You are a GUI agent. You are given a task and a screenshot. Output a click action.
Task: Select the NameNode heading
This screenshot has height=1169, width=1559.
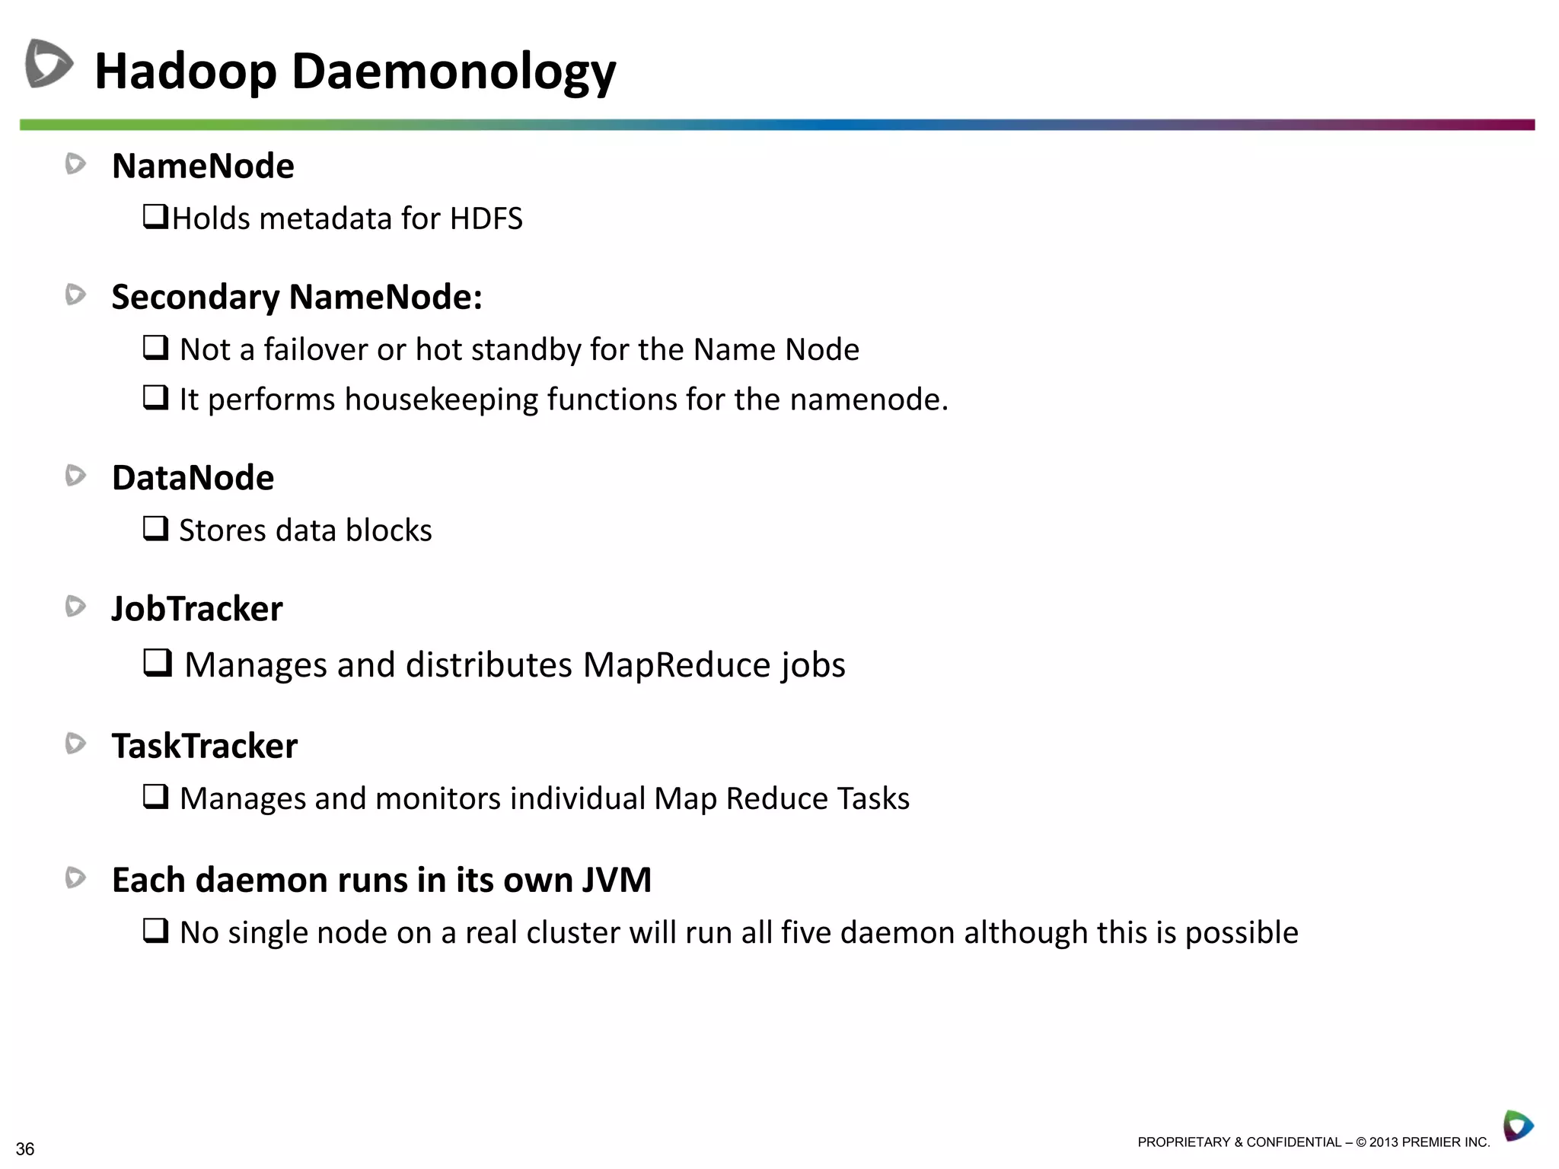(202, 166)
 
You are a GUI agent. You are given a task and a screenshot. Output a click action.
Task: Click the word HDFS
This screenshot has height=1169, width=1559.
(486, 219)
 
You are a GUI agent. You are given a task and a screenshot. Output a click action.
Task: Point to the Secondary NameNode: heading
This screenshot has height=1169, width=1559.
(297, 297)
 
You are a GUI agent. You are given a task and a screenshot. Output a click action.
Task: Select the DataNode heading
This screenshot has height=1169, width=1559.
(193, 478)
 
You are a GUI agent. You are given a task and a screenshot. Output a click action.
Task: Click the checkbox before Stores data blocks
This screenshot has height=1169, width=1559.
(156, 527)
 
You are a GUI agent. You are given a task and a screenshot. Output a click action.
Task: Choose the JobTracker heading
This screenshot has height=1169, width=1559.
(197, 609)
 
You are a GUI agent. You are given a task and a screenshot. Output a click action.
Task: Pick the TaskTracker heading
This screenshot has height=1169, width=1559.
(205, 746)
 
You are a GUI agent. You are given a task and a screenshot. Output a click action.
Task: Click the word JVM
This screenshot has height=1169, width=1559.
(617, 881)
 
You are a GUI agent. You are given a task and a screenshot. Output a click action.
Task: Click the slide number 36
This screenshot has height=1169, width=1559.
(25, 1149)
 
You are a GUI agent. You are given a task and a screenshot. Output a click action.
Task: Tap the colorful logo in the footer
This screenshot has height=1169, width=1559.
(1518, 1126)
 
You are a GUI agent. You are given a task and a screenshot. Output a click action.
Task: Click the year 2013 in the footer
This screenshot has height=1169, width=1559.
(1384, 1142)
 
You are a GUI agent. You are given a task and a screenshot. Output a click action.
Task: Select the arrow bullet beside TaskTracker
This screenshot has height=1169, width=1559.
(75, 744)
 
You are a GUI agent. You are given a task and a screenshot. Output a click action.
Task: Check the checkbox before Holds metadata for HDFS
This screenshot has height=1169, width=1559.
(155, 216)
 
